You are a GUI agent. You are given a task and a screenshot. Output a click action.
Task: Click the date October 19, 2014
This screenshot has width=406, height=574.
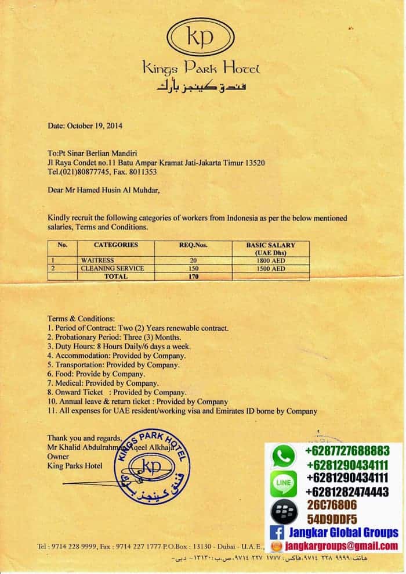click(85, 125)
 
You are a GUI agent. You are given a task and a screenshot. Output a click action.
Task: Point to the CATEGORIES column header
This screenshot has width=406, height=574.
click(116, 245)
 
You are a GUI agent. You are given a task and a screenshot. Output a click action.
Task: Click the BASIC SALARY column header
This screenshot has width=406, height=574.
click(270, 249)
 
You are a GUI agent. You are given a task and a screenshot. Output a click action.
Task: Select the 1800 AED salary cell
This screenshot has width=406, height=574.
click(270, 261)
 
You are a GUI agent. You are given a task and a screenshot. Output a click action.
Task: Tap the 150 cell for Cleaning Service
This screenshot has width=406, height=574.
click(194, 269)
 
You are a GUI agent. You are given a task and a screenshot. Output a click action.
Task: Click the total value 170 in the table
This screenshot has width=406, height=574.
click(194, 277)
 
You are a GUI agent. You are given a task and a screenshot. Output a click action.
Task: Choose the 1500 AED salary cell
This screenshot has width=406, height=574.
click(270, 269)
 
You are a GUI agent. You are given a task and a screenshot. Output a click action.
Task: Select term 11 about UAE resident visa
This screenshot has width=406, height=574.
click(183, 411)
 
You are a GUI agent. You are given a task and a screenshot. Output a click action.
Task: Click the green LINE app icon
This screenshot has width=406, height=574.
click(284, 482)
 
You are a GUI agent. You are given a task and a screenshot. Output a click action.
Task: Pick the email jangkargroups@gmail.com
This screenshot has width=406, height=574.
click(341, 546)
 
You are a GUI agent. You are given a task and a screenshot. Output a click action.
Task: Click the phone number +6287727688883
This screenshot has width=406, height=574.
click(347, 451)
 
